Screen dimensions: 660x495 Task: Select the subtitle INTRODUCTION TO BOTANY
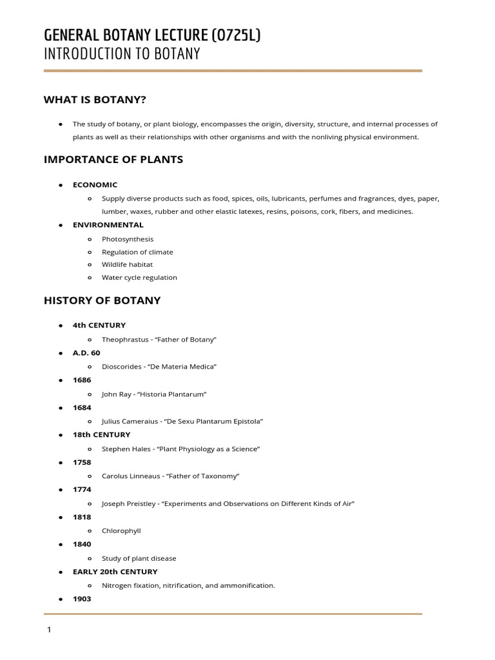point(122,54)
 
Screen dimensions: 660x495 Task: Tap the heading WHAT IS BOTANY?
point(99,99)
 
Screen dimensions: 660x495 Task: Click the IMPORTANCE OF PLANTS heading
point(113,160)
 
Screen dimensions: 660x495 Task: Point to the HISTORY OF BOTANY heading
point(102,300)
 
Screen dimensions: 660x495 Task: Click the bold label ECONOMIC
point(95,185)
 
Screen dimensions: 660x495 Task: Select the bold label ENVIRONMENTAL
point(108,225)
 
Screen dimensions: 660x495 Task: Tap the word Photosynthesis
point(128,239)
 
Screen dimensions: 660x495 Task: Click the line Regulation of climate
point(137,252)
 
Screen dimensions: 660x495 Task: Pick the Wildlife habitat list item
point(127,264)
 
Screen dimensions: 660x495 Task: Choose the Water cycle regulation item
point(139,278)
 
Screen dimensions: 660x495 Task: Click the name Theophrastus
point(125,339)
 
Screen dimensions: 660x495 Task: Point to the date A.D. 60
point(86,353)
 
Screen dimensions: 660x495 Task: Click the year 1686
point(82,380)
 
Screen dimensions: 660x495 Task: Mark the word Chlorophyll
point(121,531)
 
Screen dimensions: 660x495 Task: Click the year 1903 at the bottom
point(82,599)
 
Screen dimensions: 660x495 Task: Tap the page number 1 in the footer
point(48,630)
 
